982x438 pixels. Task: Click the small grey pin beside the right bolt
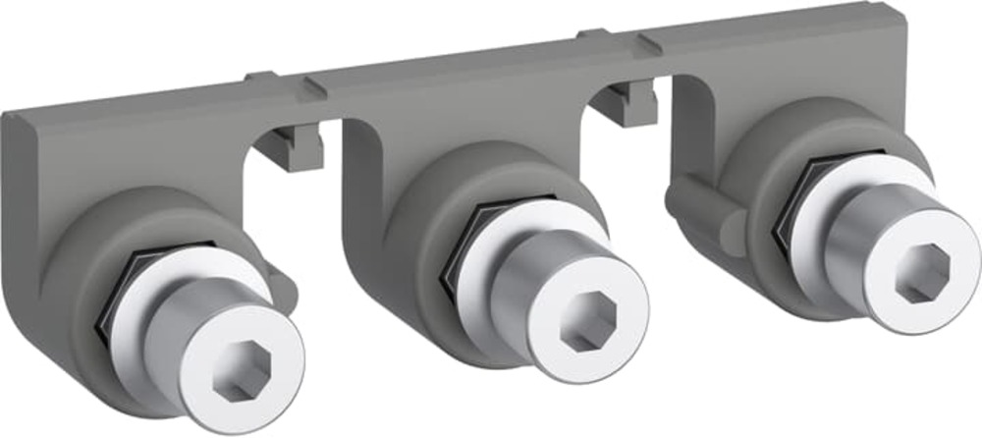[x=702, y=201]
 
